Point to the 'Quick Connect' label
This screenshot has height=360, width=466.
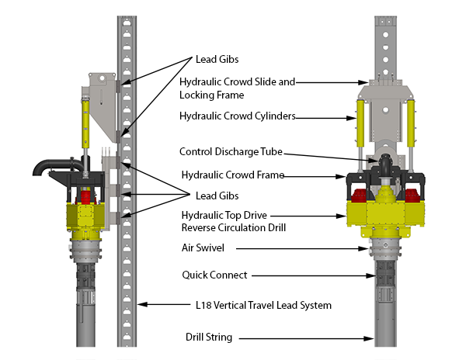pyautogui.click(x=215, y=275)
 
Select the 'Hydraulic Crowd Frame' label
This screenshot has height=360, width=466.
pyautogui.click(x=232, y=175)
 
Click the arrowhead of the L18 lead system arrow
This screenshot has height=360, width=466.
pyautogui.click(x=137, y=306)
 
